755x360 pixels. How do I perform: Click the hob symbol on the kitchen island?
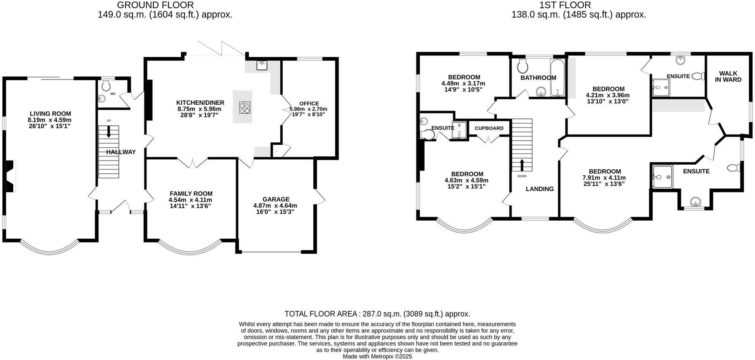244,108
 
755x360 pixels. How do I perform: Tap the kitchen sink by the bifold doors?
262,65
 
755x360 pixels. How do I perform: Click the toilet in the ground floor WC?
106,86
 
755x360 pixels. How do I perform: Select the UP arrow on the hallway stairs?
109,132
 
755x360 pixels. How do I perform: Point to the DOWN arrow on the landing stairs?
522,165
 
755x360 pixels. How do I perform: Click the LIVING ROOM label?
50,114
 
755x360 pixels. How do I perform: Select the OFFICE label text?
309,103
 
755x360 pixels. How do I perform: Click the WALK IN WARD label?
728,77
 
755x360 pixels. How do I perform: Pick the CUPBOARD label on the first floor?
489,128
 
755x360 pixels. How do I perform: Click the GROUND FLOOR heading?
155,5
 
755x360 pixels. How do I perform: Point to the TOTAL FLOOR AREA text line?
377,314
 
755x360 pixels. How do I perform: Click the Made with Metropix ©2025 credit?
377,356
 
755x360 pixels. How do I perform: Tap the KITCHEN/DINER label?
200,103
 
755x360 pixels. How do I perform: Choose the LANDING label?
539,189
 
